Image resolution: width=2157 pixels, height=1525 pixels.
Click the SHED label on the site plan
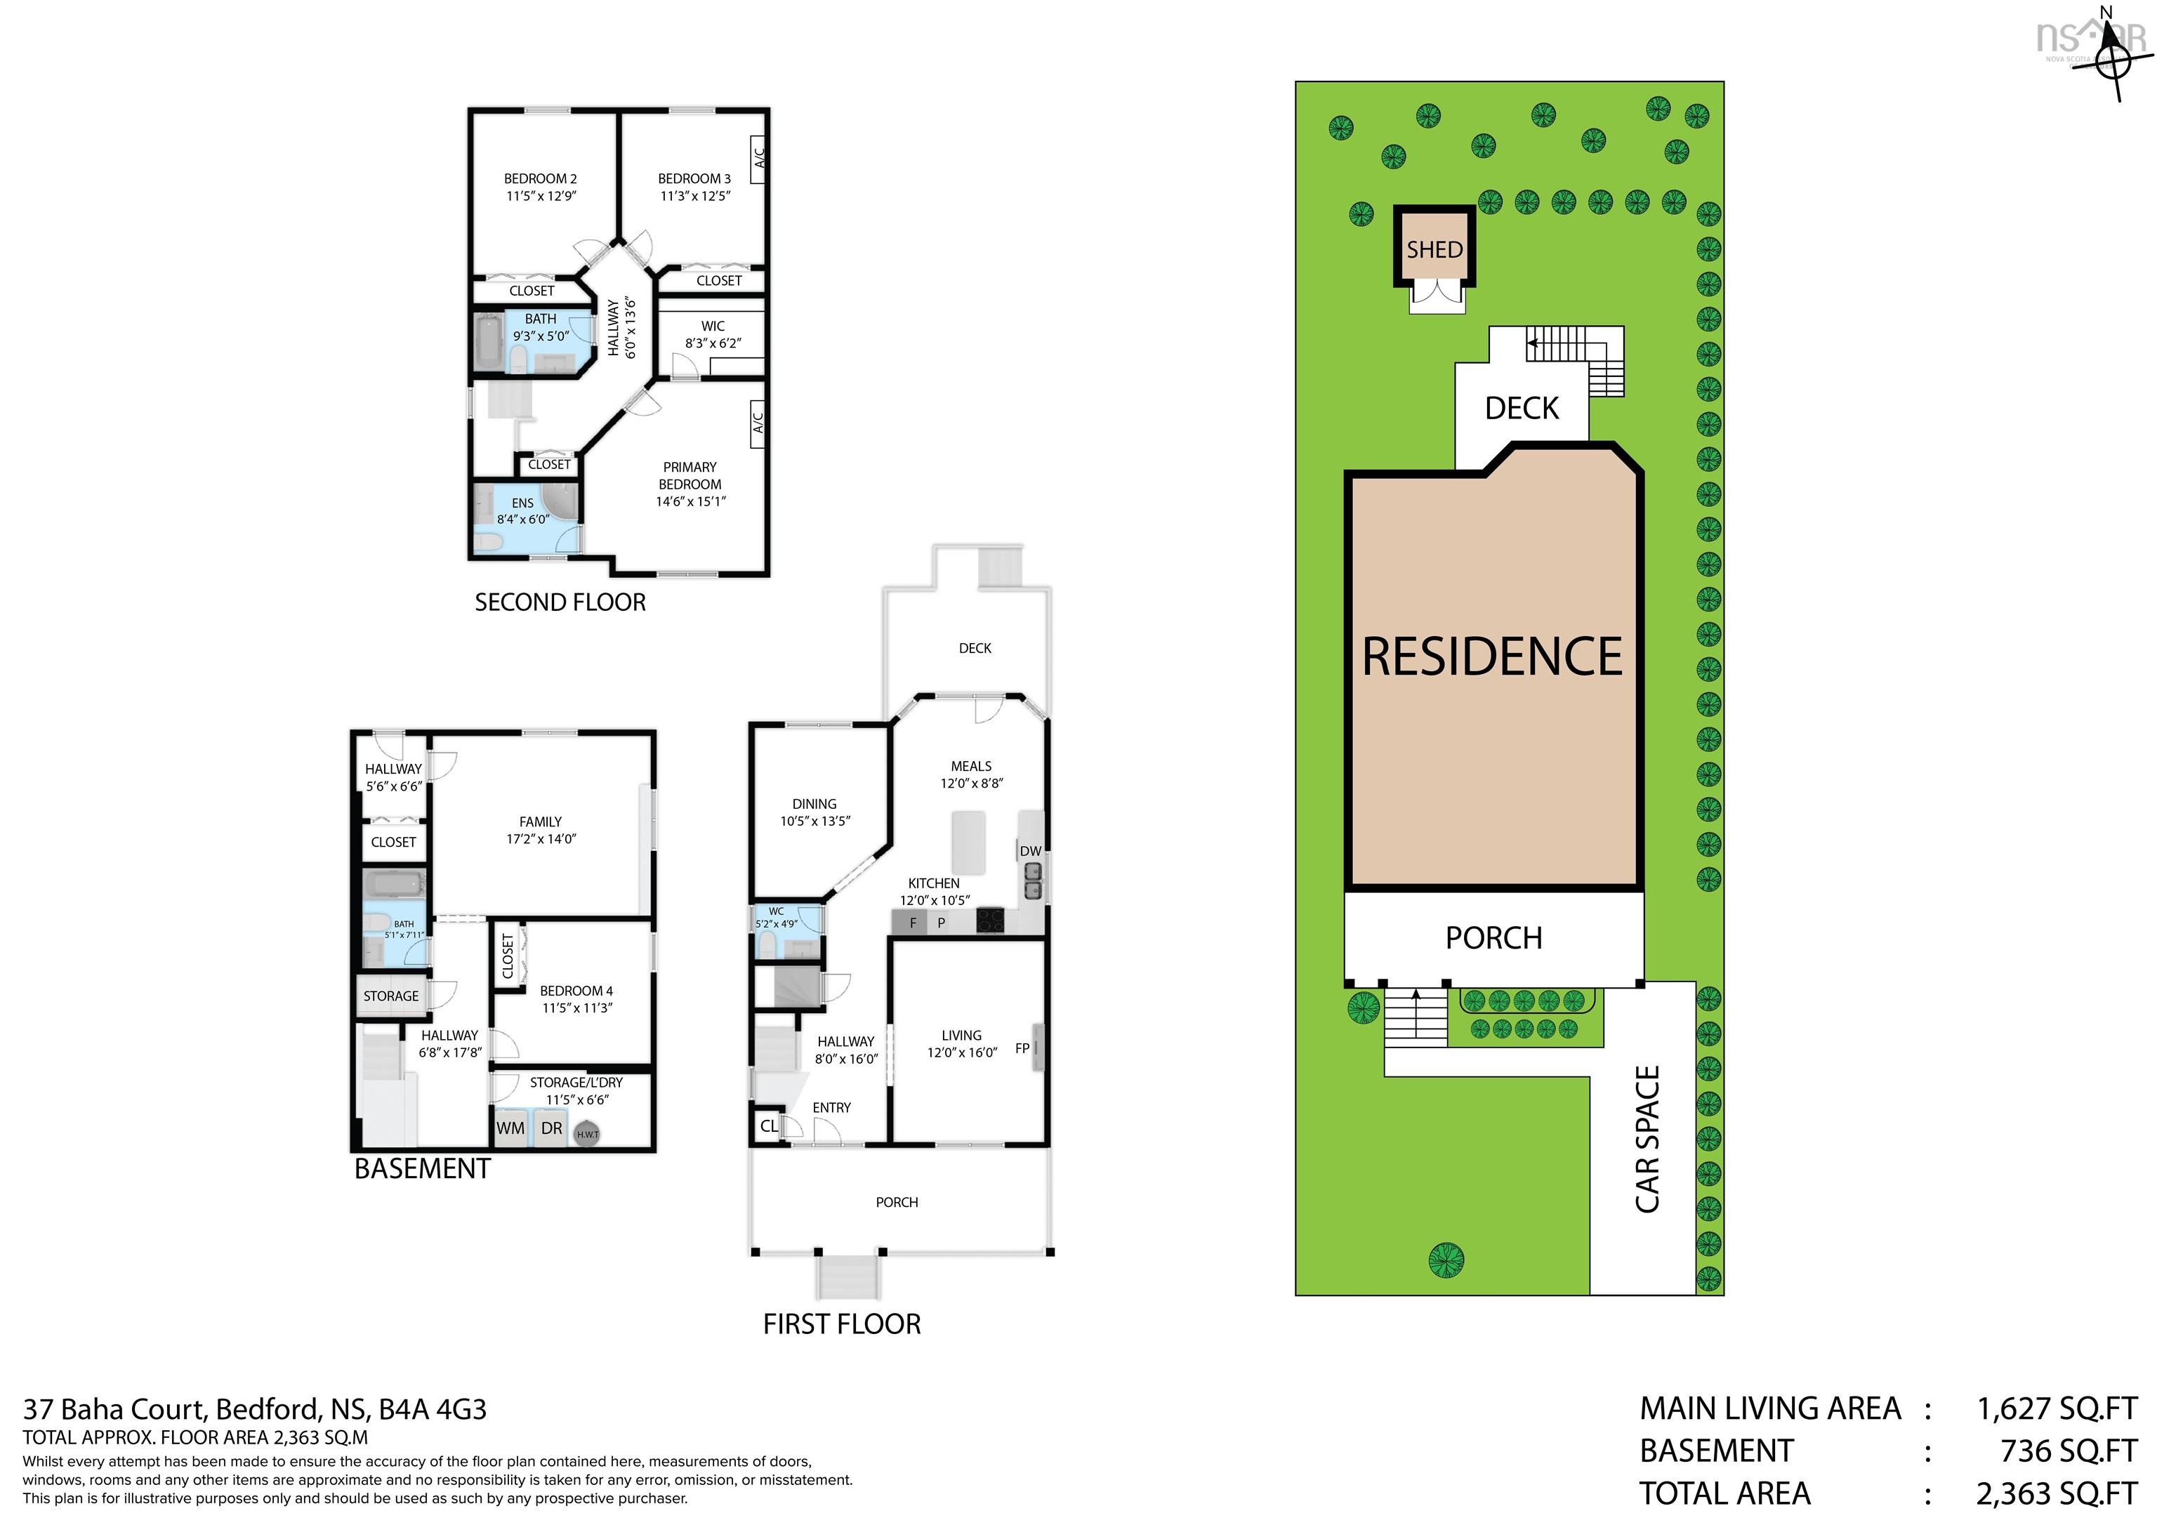pyautogui.click(x=1434, y=249)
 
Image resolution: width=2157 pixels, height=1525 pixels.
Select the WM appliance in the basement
pyautogui.click(x=510, y=1128)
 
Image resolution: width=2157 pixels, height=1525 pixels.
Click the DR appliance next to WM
pyautogui.click(x=551, y=1128)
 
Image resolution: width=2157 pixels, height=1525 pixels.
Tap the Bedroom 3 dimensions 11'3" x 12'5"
pyautogui.click(x=694, y=195)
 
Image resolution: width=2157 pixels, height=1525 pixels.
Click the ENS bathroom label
pyautogui.click(x=522, y=503)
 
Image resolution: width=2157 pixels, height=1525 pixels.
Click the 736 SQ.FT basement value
pyautogui.click(x=2068, y=1451)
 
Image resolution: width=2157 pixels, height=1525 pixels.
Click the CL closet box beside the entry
pyautogui.click(x=768, y=1125)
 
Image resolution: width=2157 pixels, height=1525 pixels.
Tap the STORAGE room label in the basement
pyautogui.click(x=391, y=996)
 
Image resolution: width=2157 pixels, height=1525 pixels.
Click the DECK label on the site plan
pyautogui.click(x=1521, y=408)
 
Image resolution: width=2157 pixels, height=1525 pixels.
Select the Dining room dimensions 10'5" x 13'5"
pyautogui.click(x=814, y=820)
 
